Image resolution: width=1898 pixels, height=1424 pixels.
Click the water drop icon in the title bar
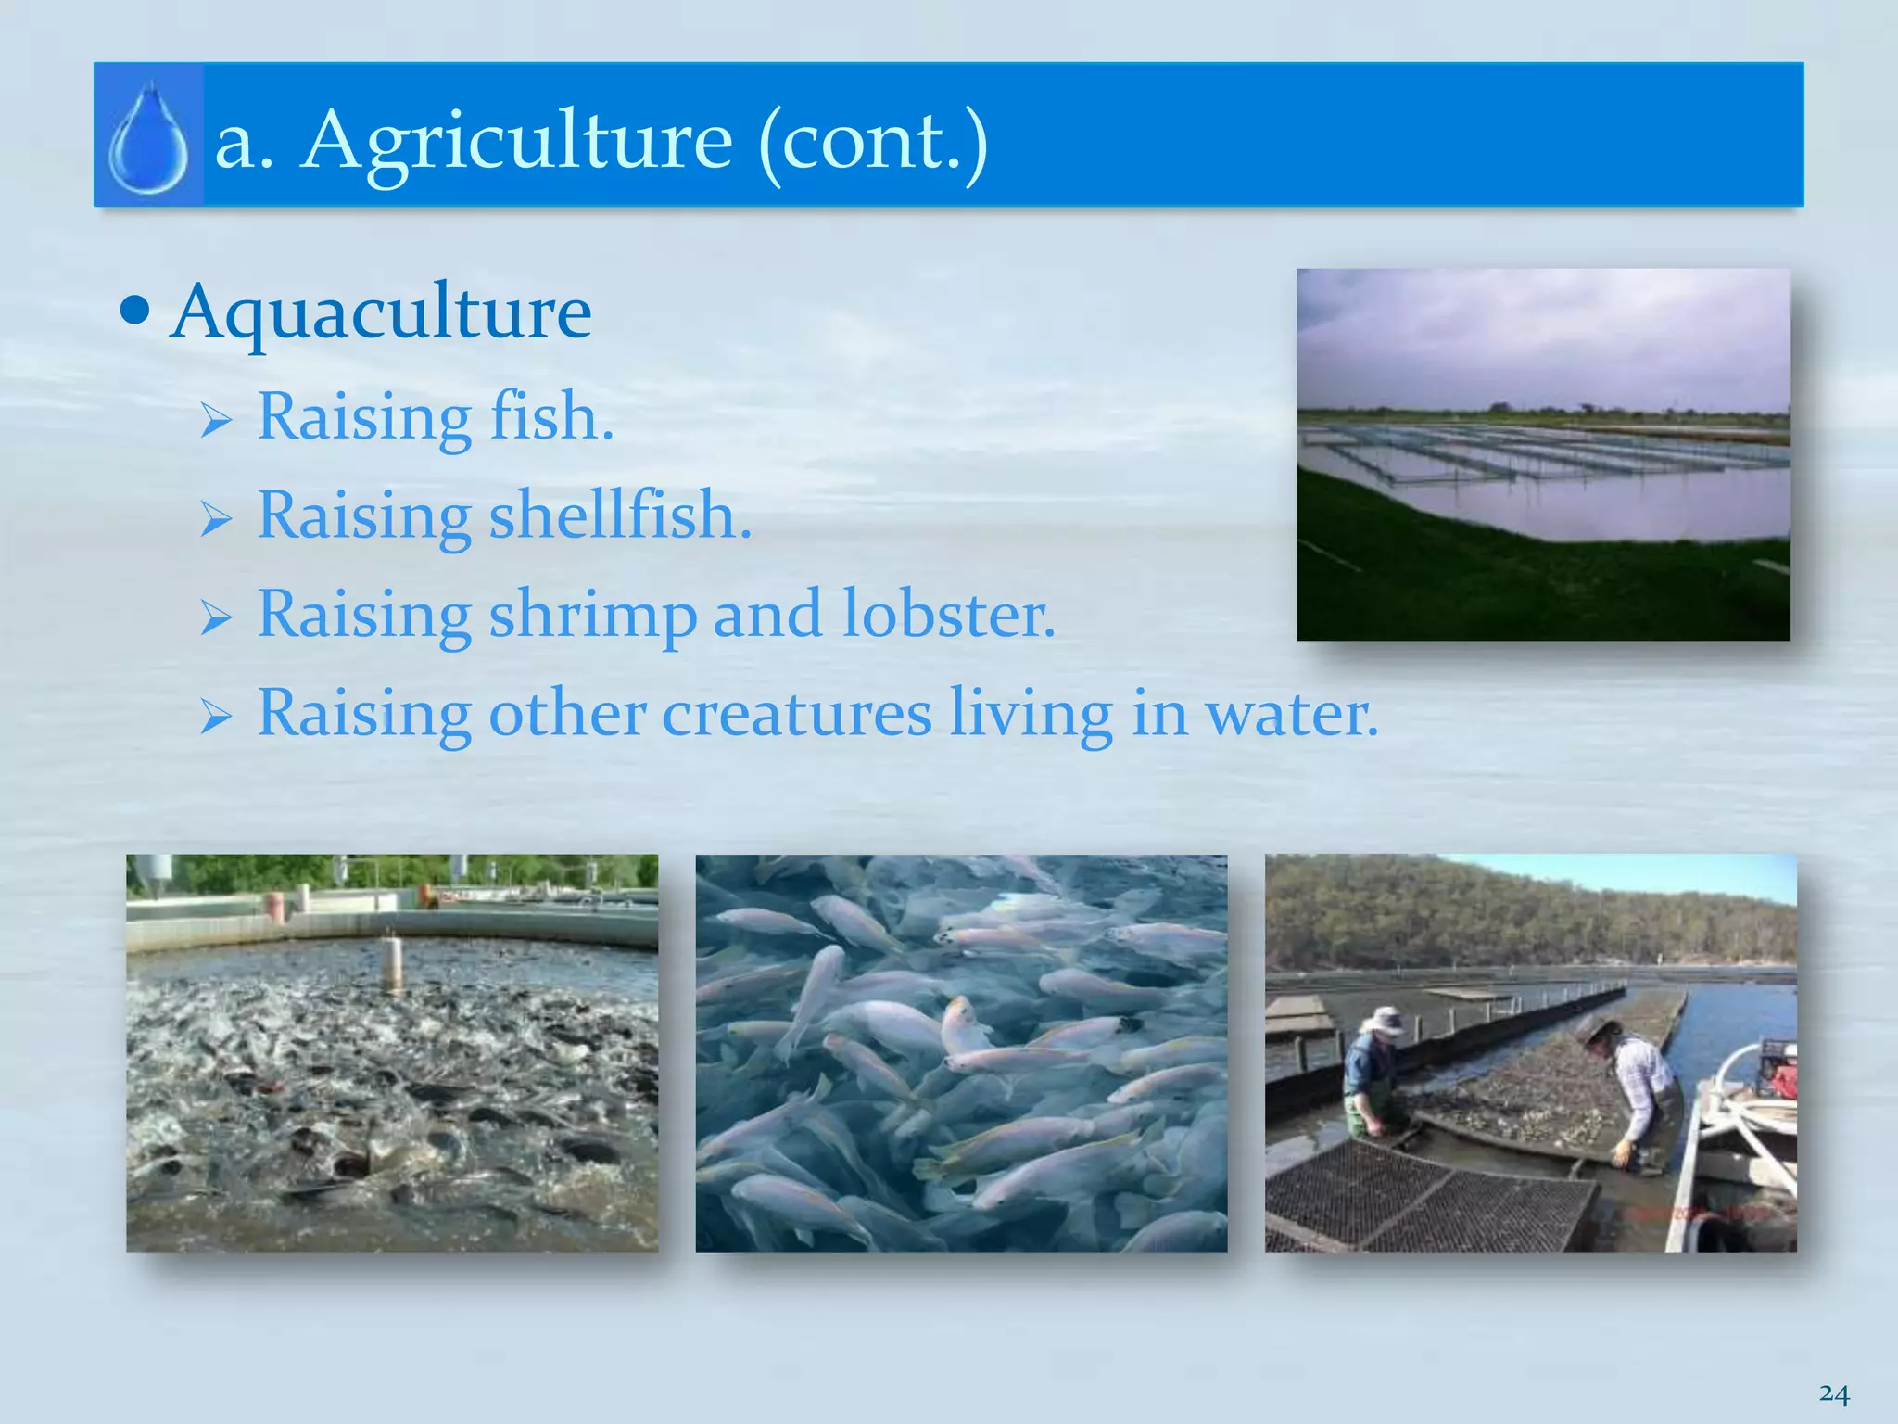[x=148, y=137]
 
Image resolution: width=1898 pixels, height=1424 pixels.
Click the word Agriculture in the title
[x=517, y=142]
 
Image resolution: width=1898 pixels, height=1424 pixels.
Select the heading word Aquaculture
[x=381, y=313]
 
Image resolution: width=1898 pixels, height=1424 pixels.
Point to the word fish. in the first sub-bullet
[x=551, y=416]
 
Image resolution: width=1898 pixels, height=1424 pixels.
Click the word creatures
[x=796, y=714]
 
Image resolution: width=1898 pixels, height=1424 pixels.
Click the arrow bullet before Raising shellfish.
[x=215, y=520]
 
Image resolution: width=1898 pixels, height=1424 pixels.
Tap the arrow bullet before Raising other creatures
[x=215, y=718]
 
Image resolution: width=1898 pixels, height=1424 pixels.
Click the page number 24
[x=1833, y=1393]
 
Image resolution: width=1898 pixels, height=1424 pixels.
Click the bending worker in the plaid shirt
[x=1639, y=1085]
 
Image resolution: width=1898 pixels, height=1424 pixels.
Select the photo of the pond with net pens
[x=1542, y=454]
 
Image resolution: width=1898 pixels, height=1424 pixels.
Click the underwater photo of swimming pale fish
[x=961, y=1053]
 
